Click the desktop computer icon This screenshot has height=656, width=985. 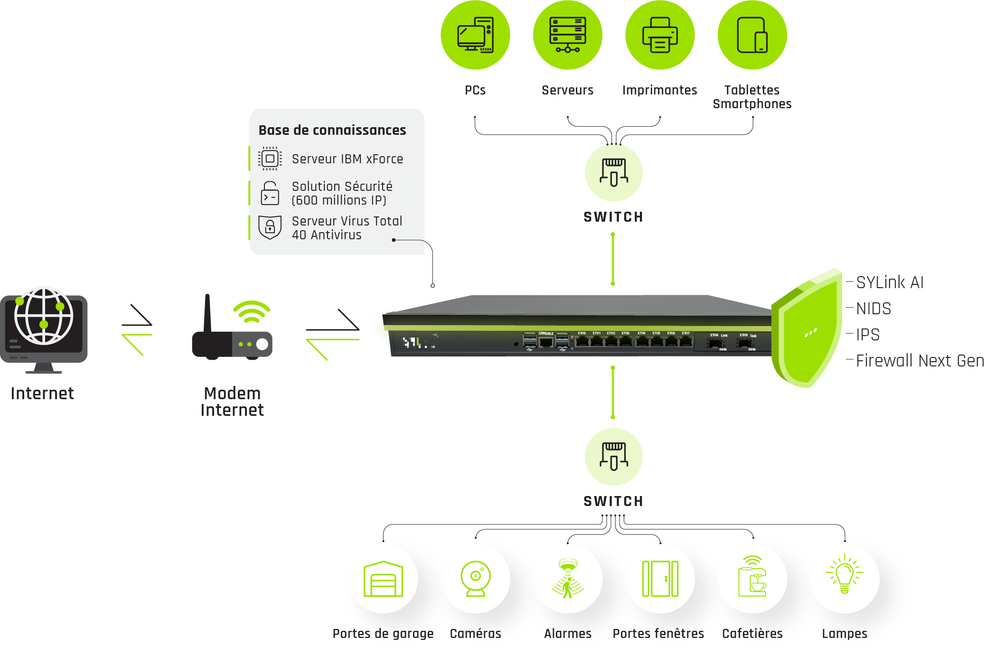click(x=475, y=35)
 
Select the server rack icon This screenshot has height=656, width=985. click(x=567, y=35)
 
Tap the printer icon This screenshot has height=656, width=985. click(x=660, y=35)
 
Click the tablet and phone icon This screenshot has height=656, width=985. click(x=752, y=35)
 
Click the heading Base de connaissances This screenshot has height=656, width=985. click(x=332, y=130)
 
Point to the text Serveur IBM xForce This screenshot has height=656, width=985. click(x=347, y=159)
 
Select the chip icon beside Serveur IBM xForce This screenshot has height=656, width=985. click(x=270, y=159)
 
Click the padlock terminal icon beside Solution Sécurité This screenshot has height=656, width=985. click(x=270, y=193)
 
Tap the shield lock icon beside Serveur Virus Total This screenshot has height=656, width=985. click(x=270, y=227)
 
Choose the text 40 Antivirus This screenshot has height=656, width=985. click(x=327, y=235)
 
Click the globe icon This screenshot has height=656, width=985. click(x=43, y=315)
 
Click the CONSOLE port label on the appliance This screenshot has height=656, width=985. click(x=546, y=333)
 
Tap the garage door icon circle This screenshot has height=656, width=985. click(x=383, y=579)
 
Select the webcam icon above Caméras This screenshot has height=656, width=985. click(x=475, y=579)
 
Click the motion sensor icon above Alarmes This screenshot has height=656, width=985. click(x=568, y=579)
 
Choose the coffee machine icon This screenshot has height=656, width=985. click(x=752, y=579)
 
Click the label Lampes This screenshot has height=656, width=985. click(x=844, y=634)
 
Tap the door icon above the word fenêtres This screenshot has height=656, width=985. click(x=660, y=579)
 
